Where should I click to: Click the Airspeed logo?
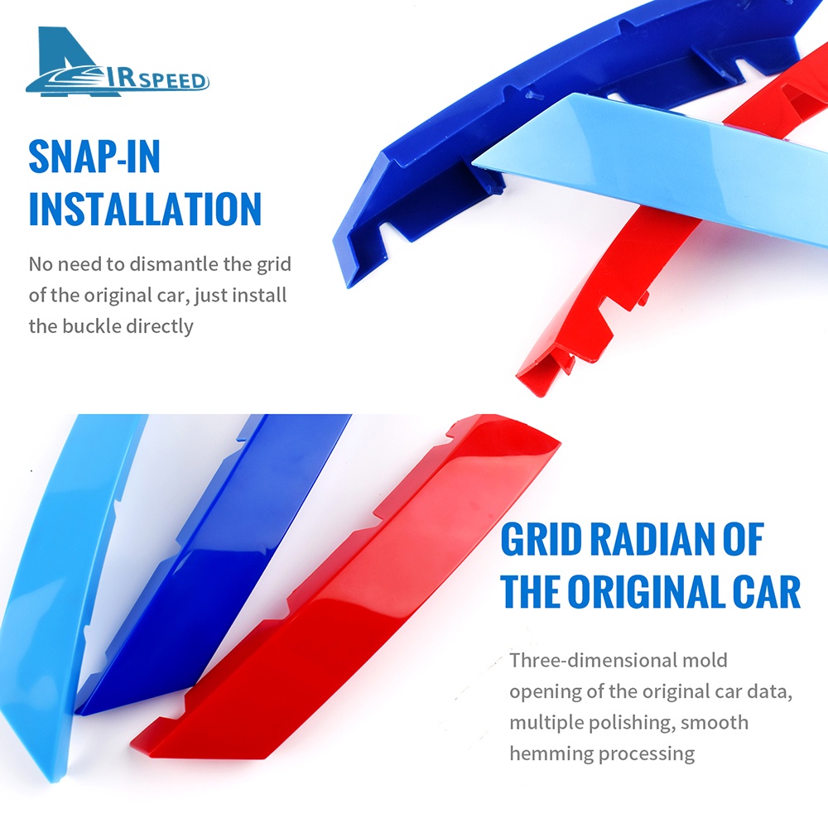[x=118, y=62]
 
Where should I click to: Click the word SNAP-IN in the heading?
[x=94, y=156]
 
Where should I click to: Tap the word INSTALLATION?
[x=145, y=209]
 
